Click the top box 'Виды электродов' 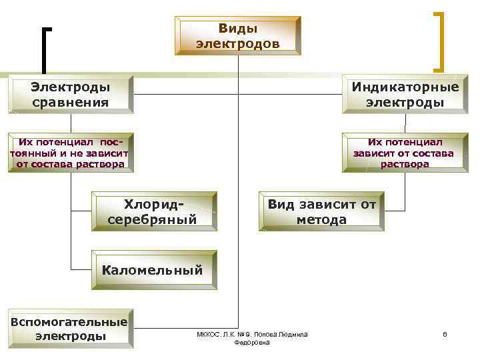coord(238,36)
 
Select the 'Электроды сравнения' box coord(71,94)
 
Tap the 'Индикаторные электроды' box coord(405,94)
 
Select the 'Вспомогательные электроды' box coord(70,327)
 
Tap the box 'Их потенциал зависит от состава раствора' coord(405,153)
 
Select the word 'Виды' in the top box coord(238,29)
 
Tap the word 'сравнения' coord(70,102)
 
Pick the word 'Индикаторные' coord(405,87)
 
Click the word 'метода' coord(321,219)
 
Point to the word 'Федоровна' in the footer coord(253,342)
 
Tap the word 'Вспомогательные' coord(69,320)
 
